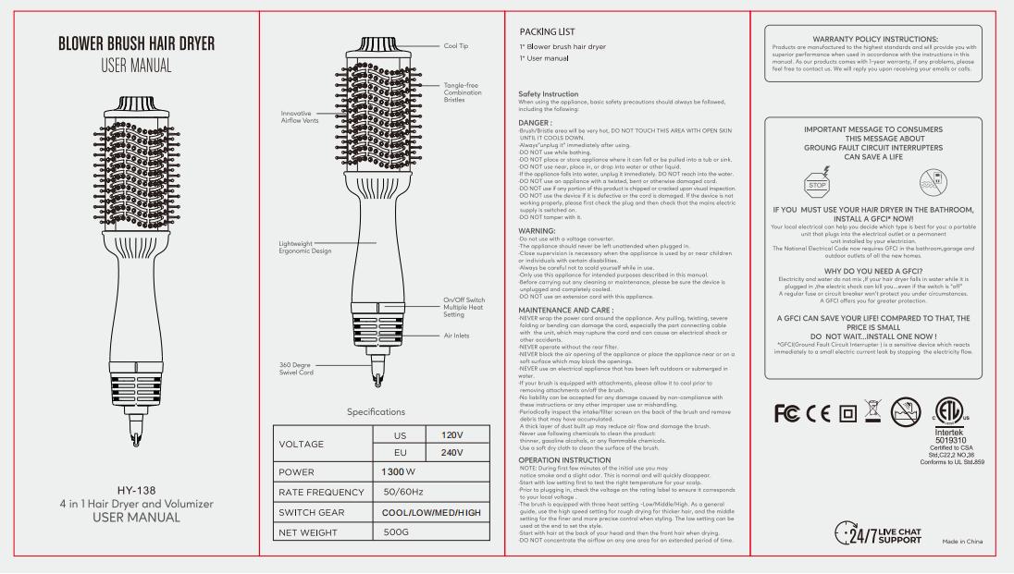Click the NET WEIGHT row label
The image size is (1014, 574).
(x=315, y=532)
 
